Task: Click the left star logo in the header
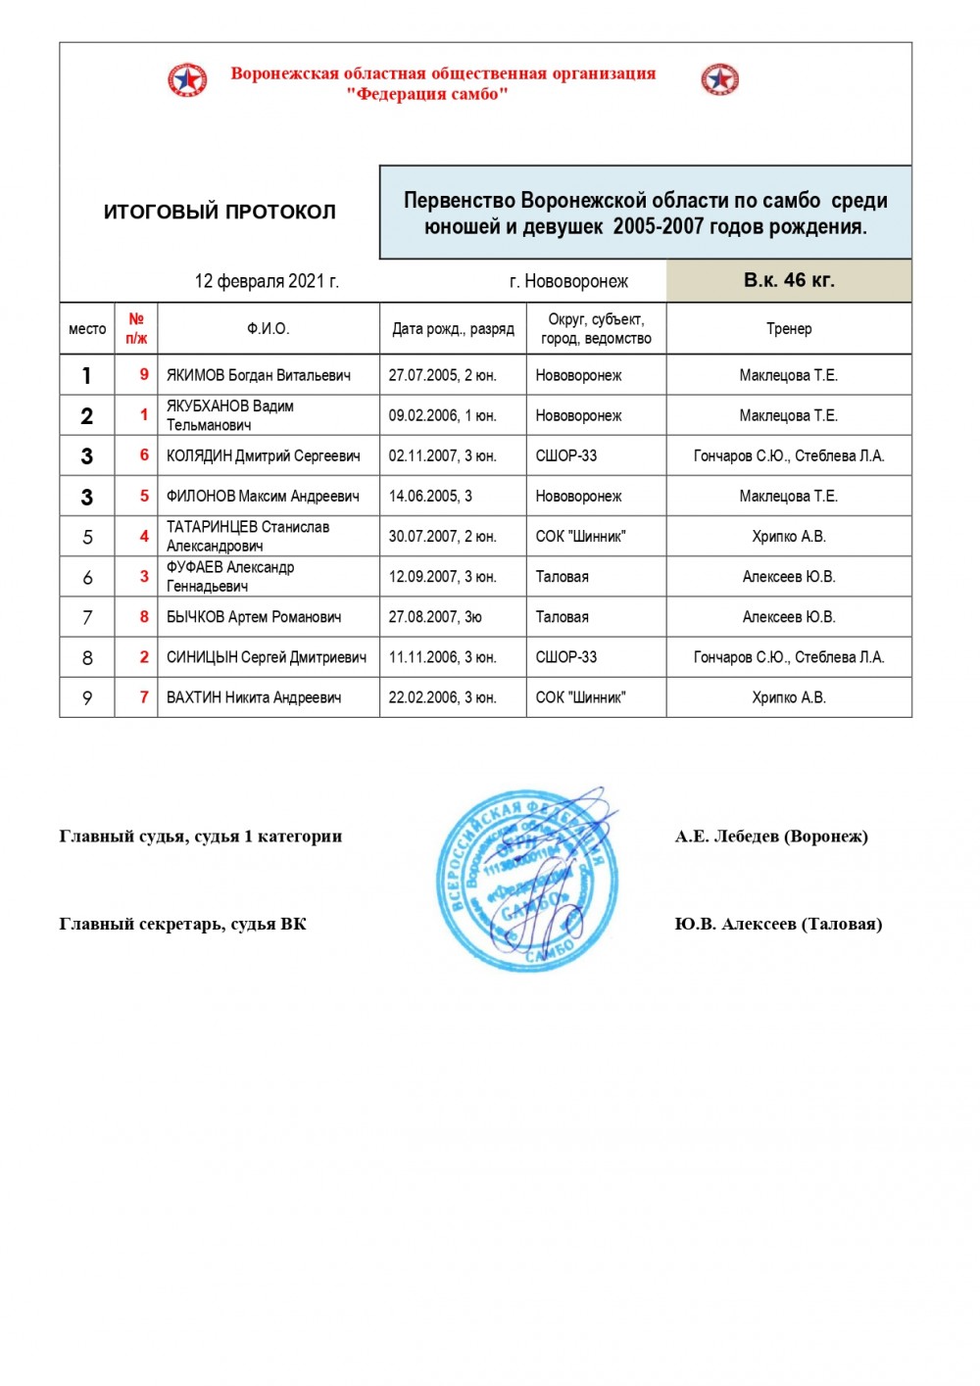coord(187,79)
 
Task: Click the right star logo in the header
coord(720,79)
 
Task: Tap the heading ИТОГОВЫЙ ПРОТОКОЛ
coord(220,212)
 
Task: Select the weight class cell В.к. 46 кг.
coord(789,280)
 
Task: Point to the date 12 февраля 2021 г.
coord(267,281)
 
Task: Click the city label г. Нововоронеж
coord(568,282)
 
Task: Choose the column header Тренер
coord(789,328)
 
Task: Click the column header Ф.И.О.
coord(268,328)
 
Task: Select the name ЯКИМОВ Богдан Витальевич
coord(259,375)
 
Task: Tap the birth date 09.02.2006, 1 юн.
coord(442,415)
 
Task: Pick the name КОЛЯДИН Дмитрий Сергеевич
coord(263,455)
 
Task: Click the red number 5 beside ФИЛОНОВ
coord(144,496)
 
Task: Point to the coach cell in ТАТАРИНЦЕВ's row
coord(789,537)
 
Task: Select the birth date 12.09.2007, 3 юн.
coord(442,577)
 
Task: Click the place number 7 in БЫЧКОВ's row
coord(87,617)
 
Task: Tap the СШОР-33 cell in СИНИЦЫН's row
coord(566,657)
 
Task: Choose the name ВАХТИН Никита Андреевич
coord(254,697)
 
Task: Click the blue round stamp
coord(527,879)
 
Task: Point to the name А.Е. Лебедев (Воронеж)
coord(771,836)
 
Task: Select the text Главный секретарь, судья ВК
coord(183,924)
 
